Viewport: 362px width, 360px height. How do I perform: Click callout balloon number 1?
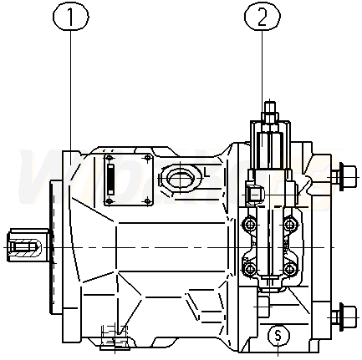(70, 17)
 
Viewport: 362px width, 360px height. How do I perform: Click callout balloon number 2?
(263, 17)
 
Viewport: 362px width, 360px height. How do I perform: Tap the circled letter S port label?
(278, 335)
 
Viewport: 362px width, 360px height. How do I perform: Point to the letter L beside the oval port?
(206, 173)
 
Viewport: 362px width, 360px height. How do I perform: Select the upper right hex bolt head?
(344, 177)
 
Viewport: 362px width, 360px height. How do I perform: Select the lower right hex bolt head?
(344, 317)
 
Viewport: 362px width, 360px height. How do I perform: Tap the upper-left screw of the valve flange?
(249, 224)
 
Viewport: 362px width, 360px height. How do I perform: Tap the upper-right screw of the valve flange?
(290, 224)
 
